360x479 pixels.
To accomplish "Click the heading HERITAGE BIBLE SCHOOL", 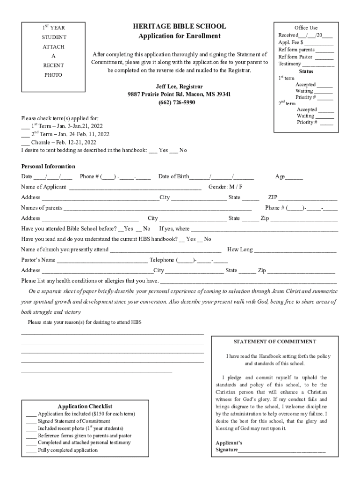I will [180, 27].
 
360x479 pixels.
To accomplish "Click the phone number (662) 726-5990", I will [179, 102].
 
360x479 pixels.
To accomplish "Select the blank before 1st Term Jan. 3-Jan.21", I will [25, 127].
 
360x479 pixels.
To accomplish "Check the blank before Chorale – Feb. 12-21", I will [25, 143].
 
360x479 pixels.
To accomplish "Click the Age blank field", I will [294, 177].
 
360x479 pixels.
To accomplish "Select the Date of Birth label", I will [173, 177].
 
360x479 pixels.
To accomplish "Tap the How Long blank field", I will [295, 250].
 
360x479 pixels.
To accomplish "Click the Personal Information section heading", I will [48, 167].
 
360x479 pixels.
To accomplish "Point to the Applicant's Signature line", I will [281, 451].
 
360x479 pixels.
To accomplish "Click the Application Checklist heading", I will [85, 406].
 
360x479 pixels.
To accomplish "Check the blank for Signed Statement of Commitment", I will [31, 421].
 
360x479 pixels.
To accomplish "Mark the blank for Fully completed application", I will [31, 450].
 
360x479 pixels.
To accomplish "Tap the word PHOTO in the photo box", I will [53, 75].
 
